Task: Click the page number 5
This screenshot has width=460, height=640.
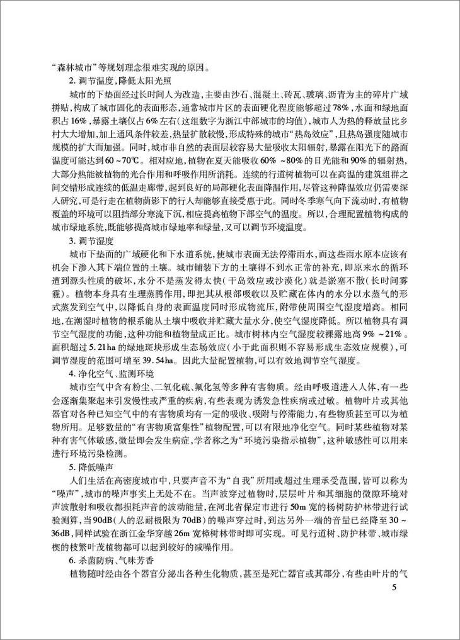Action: tap(394, 588)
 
